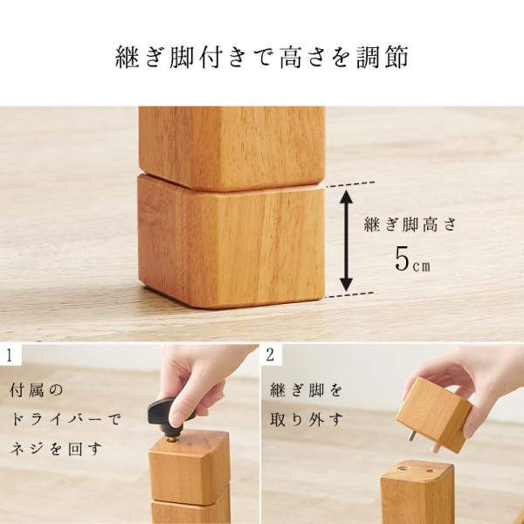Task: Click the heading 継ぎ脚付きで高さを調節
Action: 262,58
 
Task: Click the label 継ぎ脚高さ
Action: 410,224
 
